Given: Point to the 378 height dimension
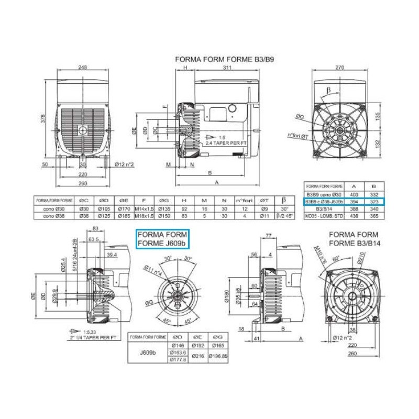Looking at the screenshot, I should pos(43,119).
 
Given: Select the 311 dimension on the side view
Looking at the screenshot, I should pos(227,68).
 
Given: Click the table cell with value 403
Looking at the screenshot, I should pos(354,193).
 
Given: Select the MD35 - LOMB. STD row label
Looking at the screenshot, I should pos(323,215).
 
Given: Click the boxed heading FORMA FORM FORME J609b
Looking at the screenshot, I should pos(162,238).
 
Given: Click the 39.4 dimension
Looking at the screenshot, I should pos(112,254).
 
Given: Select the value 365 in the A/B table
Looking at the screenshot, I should pos(374,215).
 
